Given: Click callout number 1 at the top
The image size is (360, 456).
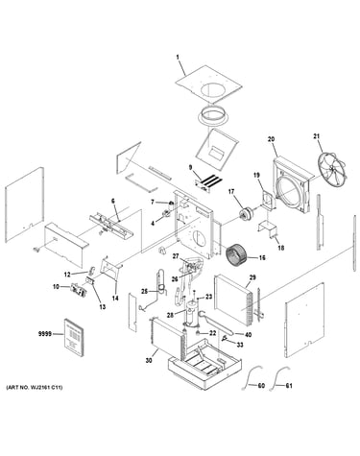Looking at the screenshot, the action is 178,58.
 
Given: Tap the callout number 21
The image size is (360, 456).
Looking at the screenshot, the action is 316,136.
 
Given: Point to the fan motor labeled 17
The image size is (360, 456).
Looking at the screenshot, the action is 246,213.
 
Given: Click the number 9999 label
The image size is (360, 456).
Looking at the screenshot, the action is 45,334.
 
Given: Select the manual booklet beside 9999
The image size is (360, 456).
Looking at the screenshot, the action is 75,337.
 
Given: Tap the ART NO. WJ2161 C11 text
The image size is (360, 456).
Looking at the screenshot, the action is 35,388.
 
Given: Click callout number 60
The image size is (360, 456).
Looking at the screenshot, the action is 261,386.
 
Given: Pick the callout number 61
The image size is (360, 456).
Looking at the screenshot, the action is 289,386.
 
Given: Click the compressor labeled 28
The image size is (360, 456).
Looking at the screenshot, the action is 192,313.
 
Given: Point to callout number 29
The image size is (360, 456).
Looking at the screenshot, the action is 252,277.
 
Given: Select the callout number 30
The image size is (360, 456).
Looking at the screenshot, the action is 149,360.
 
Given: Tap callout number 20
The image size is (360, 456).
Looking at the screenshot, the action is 271,139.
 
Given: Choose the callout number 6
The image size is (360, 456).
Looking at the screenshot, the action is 112,201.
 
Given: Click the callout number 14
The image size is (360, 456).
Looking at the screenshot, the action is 115,299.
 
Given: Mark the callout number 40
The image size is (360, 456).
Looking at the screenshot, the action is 248,335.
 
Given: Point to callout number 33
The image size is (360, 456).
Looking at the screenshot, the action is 240,345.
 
